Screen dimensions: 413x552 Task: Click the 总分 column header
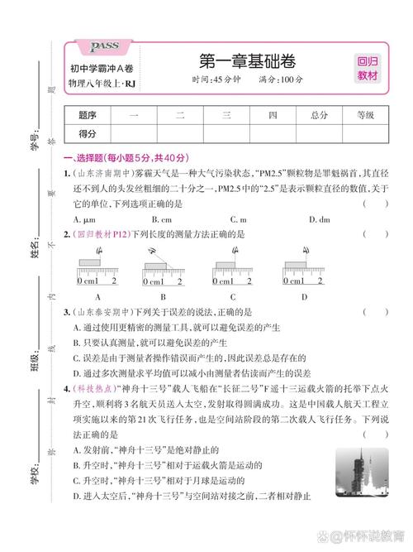pyautogui.click(x=319, y=115)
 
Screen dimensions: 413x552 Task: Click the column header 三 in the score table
pyautogui.click(x=225, y=115)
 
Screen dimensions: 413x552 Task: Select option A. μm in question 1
pyautogui.click(x=85, y=219)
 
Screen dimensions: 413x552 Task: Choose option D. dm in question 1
pyautogui.click(x=316, y=219)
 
